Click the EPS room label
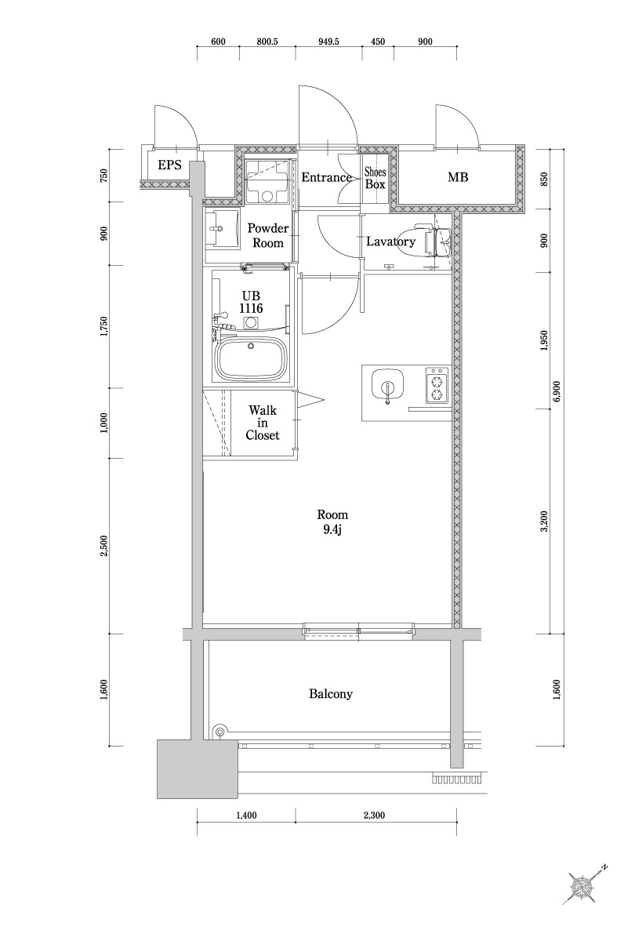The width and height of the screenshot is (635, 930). [170, 165]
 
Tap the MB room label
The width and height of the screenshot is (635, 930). [458, 178]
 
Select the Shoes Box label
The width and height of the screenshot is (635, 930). [376, 178]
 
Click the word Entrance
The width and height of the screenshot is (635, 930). [326, 178]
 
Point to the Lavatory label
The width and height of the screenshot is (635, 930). [390, 242]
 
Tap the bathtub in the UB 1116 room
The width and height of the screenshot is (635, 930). [252, 360]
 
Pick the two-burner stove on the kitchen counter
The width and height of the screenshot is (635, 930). [436, 383]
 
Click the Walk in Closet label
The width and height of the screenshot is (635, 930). [263, 423]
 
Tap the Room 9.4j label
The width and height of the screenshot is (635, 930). [332, 522]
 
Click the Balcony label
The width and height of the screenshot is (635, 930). [331, 694]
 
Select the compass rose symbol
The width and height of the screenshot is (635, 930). [583, 886]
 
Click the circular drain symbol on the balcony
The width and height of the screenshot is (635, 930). [220, 732]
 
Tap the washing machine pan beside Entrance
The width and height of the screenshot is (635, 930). [267, 180]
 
